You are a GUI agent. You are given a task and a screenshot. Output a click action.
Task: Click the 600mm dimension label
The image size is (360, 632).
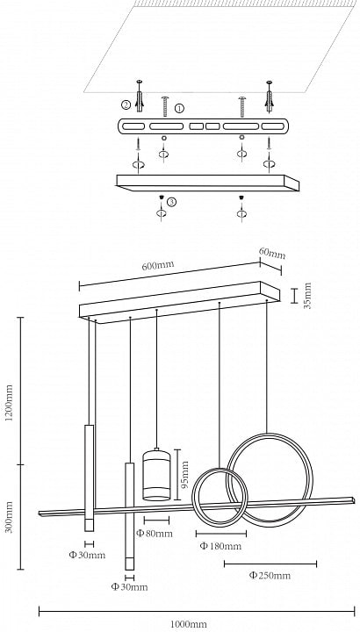[x=158, y=266]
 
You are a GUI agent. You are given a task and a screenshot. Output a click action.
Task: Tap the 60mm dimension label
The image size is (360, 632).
[x=272, y=254]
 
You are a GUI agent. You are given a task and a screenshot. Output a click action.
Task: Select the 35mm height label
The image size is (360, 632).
[x=307, y=296]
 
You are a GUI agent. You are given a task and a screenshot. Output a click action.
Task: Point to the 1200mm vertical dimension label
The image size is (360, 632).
[x=10, y=403]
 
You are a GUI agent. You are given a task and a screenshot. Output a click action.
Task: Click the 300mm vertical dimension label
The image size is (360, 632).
[x=10, y=517]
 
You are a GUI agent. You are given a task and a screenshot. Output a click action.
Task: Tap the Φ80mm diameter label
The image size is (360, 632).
[x=154, y=534]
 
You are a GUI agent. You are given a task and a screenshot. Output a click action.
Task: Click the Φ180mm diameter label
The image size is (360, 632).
[x=220, y=546]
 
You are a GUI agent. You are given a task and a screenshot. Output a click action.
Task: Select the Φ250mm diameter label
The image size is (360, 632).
[x=270, y=575]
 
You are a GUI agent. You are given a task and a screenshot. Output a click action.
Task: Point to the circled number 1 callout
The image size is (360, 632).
[x=179, y=108]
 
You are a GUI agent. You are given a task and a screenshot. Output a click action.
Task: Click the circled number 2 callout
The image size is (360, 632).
[x=126, y=105]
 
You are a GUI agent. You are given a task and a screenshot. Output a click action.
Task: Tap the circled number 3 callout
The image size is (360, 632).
[x=172, y=202]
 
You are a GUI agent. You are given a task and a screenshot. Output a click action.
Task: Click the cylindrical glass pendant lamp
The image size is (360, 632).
[x=156, y=474]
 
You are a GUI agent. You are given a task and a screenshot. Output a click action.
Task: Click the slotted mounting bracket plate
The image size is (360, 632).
[x=203, y=126]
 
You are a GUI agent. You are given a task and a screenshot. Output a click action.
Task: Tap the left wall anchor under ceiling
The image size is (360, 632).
[x=140, y=97]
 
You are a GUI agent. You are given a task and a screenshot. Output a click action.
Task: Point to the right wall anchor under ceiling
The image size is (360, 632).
[x=269, y=97]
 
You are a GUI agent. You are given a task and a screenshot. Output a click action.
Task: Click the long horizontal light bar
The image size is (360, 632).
[x=197, y=506]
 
